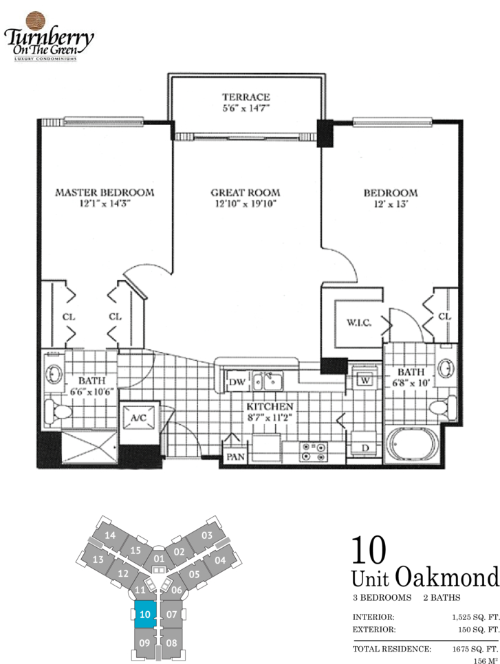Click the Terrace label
[x=246, y=97]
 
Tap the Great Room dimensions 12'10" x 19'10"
[x=246, y=203]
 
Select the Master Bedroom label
[x=105, y=192]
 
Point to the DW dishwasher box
[x=237, y=382]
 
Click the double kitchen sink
[x=268, y=381]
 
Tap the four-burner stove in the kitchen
[x=314, y=452]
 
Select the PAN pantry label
[x=235, y=456]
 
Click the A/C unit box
[x=139, y=418]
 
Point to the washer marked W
[x=365, y=380]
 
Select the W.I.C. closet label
[x=359, y=322]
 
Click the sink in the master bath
[x=54, y=374]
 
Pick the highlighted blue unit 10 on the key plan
[x=145, y=614]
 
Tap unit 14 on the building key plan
[x=110, y=535]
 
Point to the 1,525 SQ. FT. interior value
[x=476, y=617]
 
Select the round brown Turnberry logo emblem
[x=36, y=20]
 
